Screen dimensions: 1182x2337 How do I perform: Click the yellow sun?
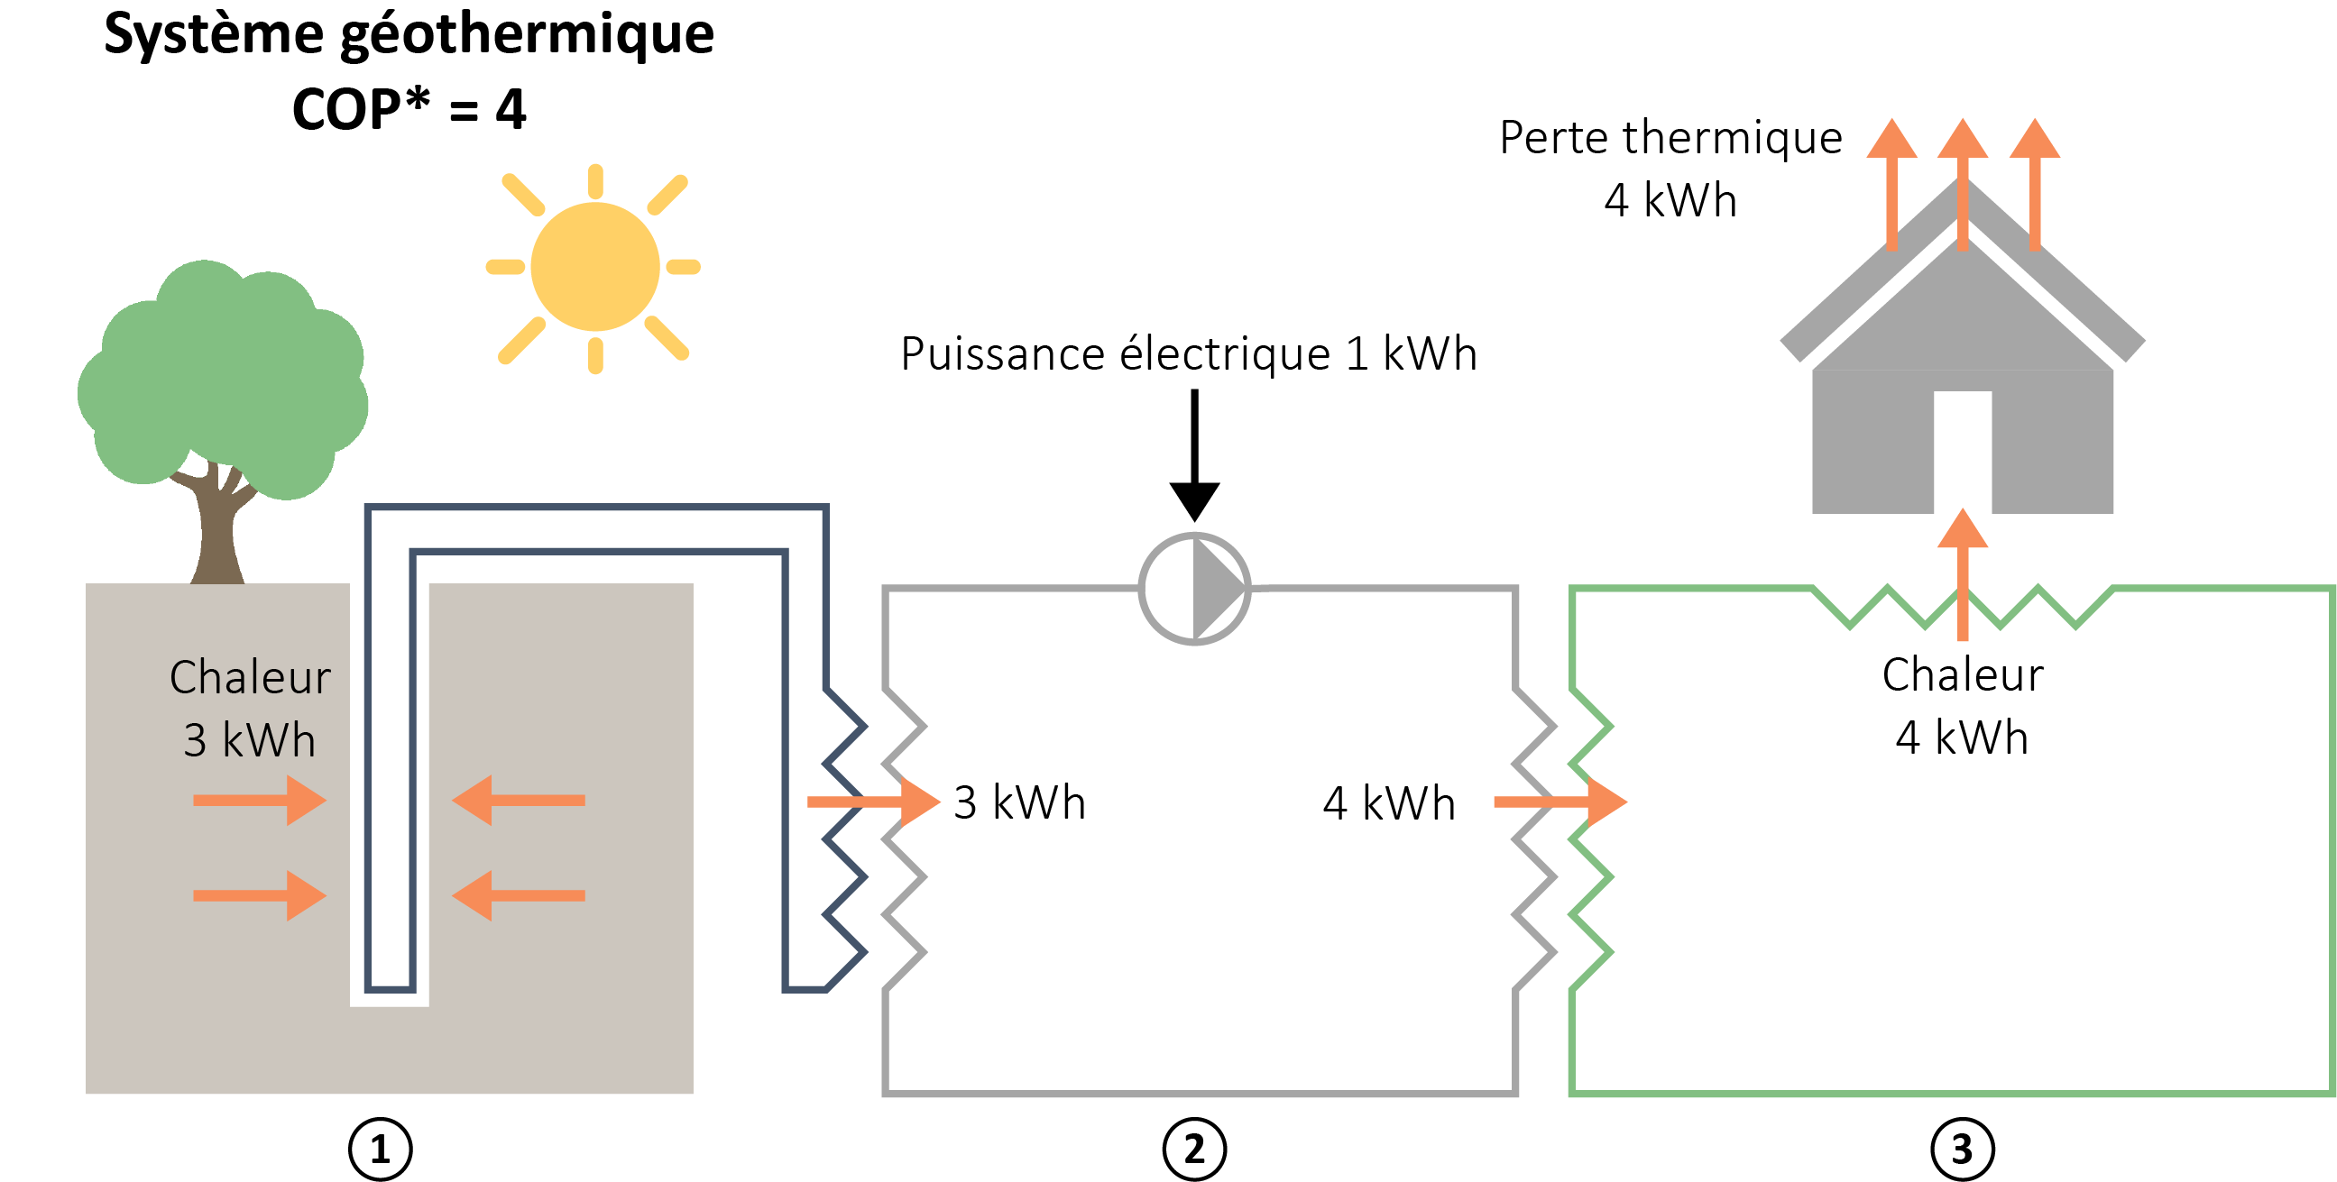[x=594, y=266]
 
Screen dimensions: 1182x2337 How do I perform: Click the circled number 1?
[x=380, y=1150]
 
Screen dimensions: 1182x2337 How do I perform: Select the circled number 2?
[x=1194, y=1150]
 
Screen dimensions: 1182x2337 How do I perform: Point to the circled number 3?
[x=1962, y=1150]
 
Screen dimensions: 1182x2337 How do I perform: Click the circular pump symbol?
[x=1194, y=589]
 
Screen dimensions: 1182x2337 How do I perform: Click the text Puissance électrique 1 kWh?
[x=1189, y=353]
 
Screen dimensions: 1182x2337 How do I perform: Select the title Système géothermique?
[x=409, y=34]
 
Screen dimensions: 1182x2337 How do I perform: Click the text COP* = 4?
[x=409, y=110]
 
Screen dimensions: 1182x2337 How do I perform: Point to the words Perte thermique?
[x=1670, y=138]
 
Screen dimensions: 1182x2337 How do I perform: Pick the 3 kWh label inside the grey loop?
[x=1020, y=802]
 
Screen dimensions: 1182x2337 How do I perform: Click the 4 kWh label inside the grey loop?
[x=1388, y=802]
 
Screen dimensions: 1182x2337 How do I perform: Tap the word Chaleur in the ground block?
[x=251, y=678]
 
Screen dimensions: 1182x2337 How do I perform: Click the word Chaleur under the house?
[x=1963, y=675]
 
